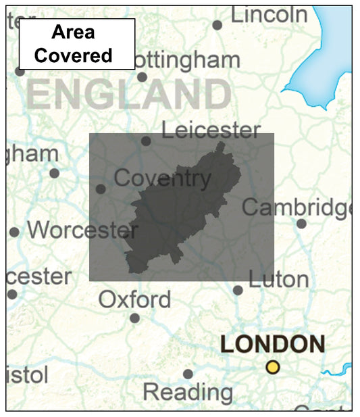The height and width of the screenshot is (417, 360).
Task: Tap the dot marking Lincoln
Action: click(x=217, y=25)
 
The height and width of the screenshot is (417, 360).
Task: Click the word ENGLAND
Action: click(x=128, y=95)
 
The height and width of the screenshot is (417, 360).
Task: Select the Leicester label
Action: click(x=211, y=130)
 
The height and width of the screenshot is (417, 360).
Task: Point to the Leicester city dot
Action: click(x=146, y=141)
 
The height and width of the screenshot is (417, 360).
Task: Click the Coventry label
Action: click(x=162, y=178)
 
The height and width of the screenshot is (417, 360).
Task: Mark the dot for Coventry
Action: click(x=101, y=189)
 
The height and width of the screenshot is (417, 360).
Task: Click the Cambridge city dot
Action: click(x=301, y=224)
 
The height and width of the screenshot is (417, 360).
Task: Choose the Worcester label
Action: click(x=82, y=230)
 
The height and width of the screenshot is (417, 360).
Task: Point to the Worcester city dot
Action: click(x=14, y=232)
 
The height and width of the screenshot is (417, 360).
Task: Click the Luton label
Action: click(x=278, y=278)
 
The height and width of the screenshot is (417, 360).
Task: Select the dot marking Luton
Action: click(x=238, y=290)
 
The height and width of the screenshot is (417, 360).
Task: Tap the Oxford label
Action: click(x=135, y=299)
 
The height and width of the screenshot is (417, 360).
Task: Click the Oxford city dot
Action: click(x=135, y=318)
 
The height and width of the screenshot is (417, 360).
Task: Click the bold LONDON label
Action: click(x=272, y=344)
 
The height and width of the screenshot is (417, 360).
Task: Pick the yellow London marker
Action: click(x=272, y=367)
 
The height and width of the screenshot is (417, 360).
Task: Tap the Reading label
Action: click(x=188, y=391)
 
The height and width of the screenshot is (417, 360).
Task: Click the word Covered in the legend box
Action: click(x=74, y=55)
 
